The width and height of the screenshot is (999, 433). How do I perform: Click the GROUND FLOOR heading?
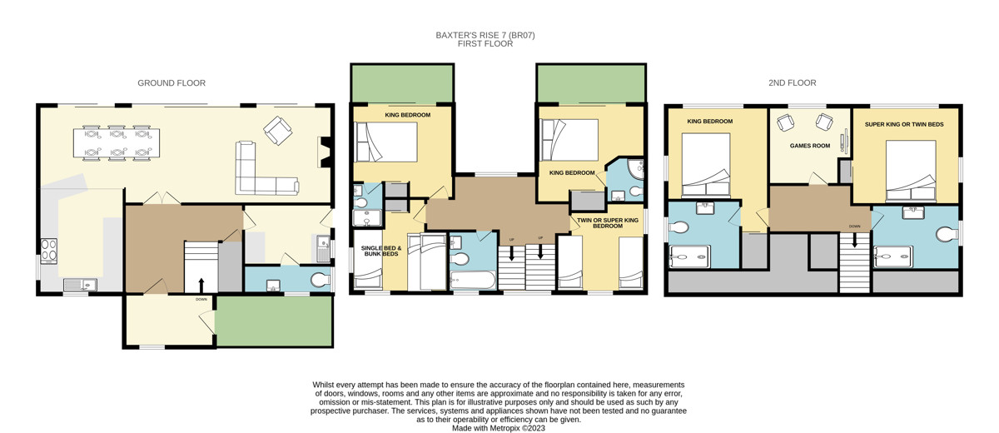(x=171, y=83)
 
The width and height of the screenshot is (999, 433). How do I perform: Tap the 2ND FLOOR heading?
(x=792, y=83)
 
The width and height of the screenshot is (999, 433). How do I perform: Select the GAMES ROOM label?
(x=810, y=146)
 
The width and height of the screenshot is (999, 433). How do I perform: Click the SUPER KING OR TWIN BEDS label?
(x=904, y=124)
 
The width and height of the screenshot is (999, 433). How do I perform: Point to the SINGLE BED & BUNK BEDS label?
(x=381, y=251)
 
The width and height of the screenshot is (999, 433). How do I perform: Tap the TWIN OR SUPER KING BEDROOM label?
(x=608, y=223)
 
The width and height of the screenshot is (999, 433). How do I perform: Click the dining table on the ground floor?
(x=117, y=142)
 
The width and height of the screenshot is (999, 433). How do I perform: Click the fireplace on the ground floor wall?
(x=325, y=152)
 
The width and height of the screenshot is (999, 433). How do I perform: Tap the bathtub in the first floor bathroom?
(x=472, y=280)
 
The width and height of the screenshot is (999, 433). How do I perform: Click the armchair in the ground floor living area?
(x=278, y=131)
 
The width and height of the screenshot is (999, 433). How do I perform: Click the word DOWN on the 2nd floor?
(x=854, y=226)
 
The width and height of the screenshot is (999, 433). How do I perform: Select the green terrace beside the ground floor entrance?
(x=274, y=321)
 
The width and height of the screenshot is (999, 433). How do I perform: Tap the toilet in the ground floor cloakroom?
(x=320, y=280)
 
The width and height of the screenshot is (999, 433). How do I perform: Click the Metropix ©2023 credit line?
(x=499, y=428)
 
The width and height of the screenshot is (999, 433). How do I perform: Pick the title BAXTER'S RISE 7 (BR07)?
(x=485, y=35)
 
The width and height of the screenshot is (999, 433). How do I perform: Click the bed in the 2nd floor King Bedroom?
(x=706, y=166)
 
